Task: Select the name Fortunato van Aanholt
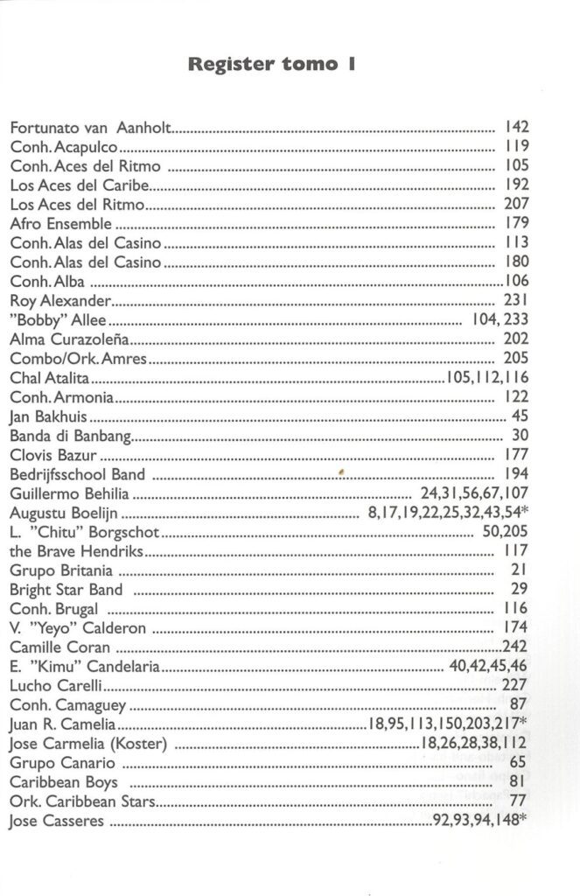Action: (92, 128)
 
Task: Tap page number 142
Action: (518, 128)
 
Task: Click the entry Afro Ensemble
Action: (61, 224)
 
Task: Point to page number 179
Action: (518, 224)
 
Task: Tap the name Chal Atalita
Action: (51, 378)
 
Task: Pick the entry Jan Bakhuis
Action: (49, 416)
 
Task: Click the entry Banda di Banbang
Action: (71, 436)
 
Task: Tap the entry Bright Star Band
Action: (66, 590)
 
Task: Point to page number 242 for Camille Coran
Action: (516, 647)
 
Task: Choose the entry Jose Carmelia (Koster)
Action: (88, 744)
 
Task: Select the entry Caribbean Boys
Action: (64, 782)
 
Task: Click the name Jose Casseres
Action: (57, 821)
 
